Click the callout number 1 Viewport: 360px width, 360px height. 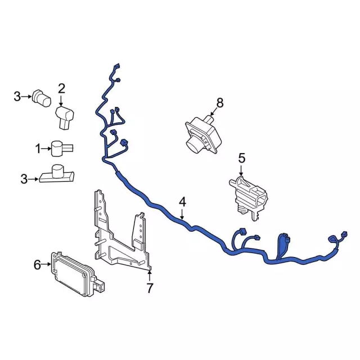[38, 149]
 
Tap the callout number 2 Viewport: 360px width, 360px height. [61, 87]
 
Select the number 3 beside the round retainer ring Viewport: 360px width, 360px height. [17, 97]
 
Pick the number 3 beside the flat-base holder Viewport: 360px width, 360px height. [24, 179]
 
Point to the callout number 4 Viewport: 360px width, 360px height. [182, 201]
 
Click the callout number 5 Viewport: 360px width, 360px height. [242, 158]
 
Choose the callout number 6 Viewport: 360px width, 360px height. [37, 264]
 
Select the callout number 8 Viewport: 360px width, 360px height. [219, 102]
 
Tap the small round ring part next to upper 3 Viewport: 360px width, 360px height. [42, 99]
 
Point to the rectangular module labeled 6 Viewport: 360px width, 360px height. [76, 276]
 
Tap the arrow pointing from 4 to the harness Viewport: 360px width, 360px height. [182, 213]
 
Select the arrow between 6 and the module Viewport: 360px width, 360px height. [47, 264]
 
